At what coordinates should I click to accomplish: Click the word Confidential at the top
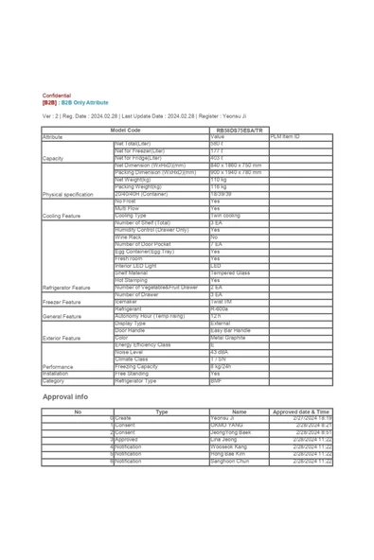click(x=56, y=96)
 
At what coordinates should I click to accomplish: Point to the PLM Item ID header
click(x=285, y=136)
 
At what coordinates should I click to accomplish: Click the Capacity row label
click(x=53, y=158)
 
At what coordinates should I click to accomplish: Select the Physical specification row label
click(x=68, y=194)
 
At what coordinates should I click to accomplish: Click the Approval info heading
click(x=65, y=396)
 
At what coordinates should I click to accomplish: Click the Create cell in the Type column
click(x=124, y=418)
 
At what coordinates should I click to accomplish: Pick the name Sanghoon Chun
click(x=229, y=461)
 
